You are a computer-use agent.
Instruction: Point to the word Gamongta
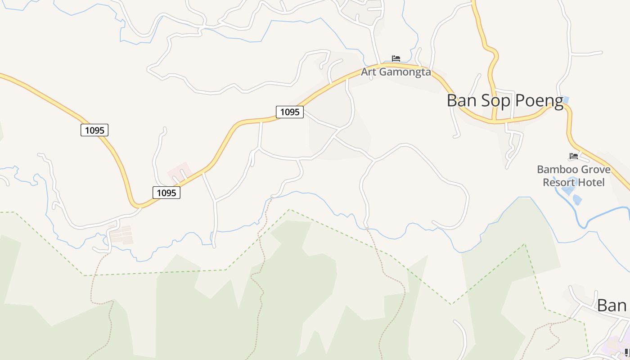click(404, 72)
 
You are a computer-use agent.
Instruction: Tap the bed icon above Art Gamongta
click(396, 58)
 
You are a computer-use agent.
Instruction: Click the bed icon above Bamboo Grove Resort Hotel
click(573, 156)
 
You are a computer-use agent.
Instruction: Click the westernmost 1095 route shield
click(94, 130)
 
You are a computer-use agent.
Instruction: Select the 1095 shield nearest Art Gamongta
click(290, 112)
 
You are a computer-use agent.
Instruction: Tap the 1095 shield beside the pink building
click(166, 193)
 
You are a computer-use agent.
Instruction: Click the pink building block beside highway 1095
click(179, 172)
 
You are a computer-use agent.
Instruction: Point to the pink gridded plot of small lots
click(121, 235)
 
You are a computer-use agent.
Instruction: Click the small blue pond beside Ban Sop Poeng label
click(566, 99)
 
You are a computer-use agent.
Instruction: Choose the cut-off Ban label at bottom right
click(612, 306)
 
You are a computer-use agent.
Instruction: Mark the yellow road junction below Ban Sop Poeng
click(494, 121)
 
